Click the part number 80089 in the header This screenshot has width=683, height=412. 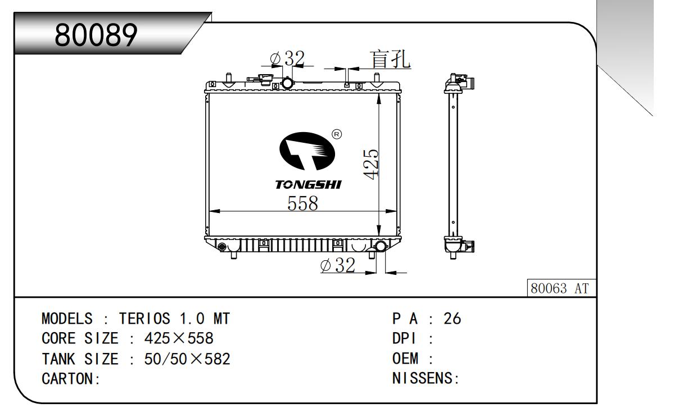96,35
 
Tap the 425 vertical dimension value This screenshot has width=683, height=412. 371,164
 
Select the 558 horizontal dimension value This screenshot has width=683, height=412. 302,203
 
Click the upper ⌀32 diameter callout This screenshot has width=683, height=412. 287,58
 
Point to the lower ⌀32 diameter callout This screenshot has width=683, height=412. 338,265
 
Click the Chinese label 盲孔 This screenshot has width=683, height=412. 390,59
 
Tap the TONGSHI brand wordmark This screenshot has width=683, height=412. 308,185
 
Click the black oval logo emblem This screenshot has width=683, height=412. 307,151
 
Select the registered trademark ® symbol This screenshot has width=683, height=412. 336,134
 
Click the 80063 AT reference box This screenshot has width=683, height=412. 562,288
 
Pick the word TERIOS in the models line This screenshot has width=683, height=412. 144,319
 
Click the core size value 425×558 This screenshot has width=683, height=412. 179,338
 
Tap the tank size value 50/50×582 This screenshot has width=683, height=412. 187,359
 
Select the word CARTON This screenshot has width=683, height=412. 67,379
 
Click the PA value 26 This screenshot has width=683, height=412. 452,319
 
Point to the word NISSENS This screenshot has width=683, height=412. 423,378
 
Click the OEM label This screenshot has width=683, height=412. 405,359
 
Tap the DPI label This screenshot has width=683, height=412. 404,338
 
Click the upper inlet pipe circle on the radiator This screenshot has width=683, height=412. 287,83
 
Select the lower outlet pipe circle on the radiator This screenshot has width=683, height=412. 381,246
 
